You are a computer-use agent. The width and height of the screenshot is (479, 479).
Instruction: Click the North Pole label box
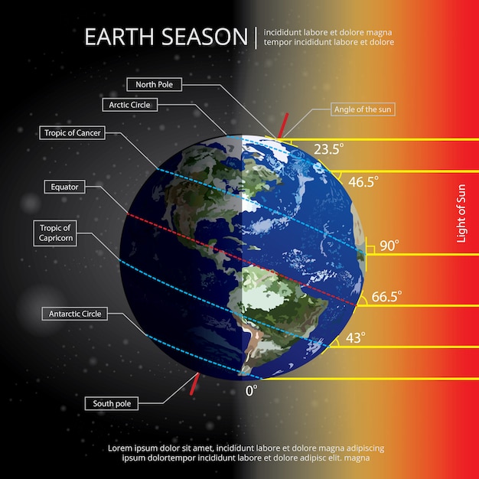pos(153,84)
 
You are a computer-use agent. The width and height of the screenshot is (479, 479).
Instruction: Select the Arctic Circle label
pos(129,105)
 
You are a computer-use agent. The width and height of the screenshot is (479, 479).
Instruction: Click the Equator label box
pos(64,186)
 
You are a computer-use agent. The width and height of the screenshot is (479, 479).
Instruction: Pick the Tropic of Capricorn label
pos(56,233)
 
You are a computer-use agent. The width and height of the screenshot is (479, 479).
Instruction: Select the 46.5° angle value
pos(363,182)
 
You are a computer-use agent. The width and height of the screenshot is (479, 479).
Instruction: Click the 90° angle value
pos(389,246)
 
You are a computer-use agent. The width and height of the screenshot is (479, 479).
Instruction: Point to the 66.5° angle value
pos(386,295)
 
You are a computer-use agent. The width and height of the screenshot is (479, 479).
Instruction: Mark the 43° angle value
pos(355,337)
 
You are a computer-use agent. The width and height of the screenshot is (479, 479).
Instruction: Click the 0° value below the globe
pos(251,389)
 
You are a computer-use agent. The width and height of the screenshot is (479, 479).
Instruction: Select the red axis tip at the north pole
pos(284,125)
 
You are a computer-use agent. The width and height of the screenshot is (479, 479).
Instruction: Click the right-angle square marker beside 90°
pos(369,248)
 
